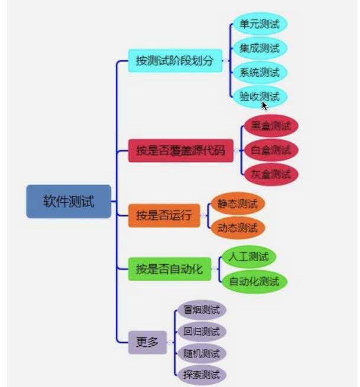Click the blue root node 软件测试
click(x=69, y=201)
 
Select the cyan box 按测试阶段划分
click(x=174, y=60)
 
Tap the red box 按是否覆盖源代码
click(x=180, y=151)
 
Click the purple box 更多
click(x=147, y=342)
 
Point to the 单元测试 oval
click(x=260, y=24)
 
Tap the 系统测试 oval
click(x=260, y=73)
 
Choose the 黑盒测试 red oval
click(x=271, y=126)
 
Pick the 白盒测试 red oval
click(x=271, y=150)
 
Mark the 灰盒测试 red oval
click(x=271, y=174)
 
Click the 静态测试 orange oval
click(x=238, y=204)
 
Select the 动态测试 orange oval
click(x=238, y=228)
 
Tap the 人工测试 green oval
click(x=248, y=257)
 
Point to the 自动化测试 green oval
click(x=254, y=281)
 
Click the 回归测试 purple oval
click(x=202, y=331)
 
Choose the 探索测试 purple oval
click(x=202, y=375)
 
